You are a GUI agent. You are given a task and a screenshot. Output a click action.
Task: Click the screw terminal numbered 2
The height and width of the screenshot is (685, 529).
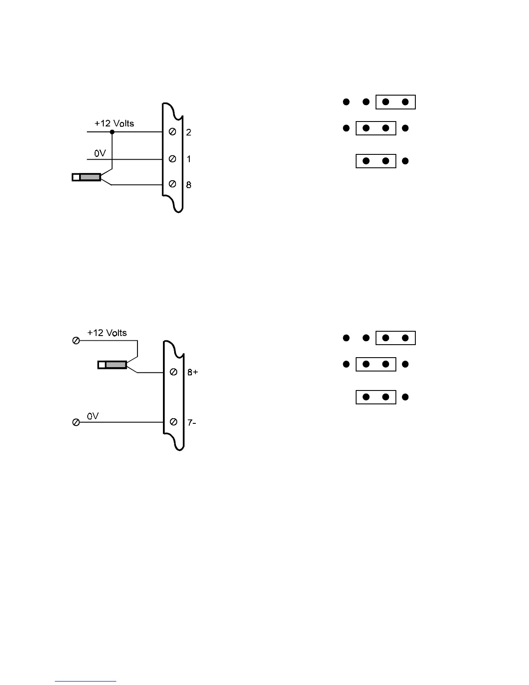(x=172, y=132)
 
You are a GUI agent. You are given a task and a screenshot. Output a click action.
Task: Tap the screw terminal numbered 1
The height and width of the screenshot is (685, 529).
(x=172, y=159)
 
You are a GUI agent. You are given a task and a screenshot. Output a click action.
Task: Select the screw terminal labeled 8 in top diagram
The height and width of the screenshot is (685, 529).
(x=172, y=184)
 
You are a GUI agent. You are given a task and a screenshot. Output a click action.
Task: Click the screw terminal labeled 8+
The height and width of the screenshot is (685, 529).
(x=173, y=372)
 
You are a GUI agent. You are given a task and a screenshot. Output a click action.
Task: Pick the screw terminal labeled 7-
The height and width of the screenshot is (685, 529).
(x=173, y=422)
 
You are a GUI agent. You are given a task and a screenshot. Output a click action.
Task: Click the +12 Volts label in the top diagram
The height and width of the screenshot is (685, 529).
(x=114, y=123)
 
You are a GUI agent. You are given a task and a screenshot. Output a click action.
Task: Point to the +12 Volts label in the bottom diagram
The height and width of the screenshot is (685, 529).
(x=107, y=333)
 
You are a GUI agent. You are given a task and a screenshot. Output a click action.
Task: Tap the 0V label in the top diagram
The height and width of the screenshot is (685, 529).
(x=100, y=153)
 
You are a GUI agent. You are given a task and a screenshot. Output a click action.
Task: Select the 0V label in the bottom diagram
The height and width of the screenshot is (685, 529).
(x=93, y=416)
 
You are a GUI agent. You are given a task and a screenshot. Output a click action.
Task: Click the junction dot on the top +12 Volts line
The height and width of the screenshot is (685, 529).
(x=112, y=132)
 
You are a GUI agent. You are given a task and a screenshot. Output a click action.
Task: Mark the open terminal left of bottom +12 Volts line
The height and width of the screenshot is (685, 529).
(x=76, y=341)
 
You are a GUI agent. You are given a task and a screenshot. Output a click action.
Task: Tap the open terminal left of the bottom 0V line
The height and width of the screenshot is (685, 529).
(x=76, y=422)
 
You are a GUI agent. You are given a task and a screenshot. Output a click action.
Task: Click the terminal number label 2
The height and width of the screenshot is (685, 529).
(x=189, y=132)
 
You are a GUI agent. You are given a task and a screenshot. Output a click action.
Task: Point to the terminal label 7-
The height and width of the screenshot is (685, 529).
(x=191, y=422)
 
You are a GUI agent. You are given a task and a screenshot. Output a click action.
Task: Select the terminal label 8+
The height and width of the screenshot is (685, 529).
(x=192, y=372)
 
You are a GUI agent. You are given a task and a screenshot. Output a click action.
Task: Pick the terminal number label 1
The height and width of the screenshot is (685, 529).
(x=189, y=159)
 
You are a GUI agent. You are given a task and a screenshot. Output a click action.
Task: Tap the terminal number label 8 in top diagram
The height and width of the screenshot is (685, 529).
(x=189, y=185)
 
